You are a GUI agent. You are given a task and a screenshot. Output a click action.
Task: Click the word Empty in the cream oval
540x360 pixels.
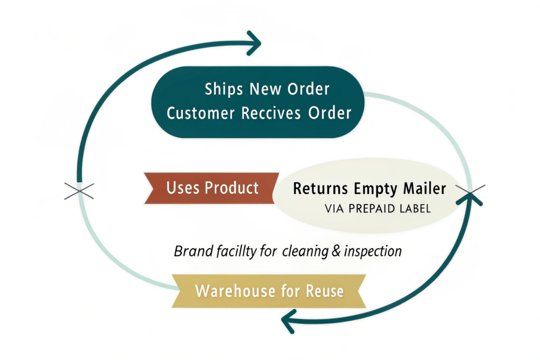(x=375, y=189)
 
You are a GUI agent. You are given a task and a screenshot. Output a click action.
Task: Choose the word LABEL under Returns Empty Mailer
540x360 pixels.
(x=413, y=209)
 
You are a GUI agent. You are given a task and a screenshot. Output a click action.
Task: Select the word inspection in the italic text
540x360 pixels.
(x=372, y=251)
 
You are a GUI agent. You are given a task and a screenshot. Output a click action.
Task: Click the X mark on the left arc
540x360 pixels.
(x=79, y=191)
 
